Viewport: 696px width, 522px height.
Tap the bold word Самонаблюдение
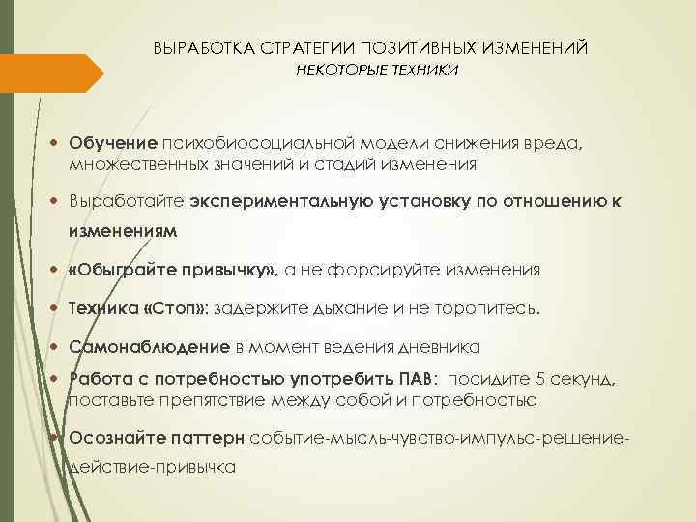[149, 346]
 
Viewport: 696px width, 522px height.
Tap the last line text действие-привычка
[152, 467]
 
